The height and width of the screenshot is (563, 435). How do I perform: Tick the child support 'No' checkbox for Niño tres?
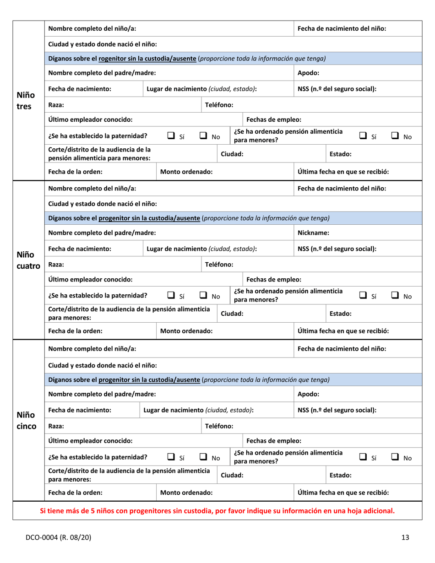pos(397,135)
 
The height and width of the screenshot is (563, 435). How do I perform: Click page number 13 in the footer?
pos(405,537)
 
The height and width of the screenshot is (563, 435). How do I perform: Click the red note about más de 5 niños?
pos(217,510)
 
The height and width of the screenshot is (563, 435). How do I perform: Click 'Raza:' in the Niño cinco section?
pos(56,426)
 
